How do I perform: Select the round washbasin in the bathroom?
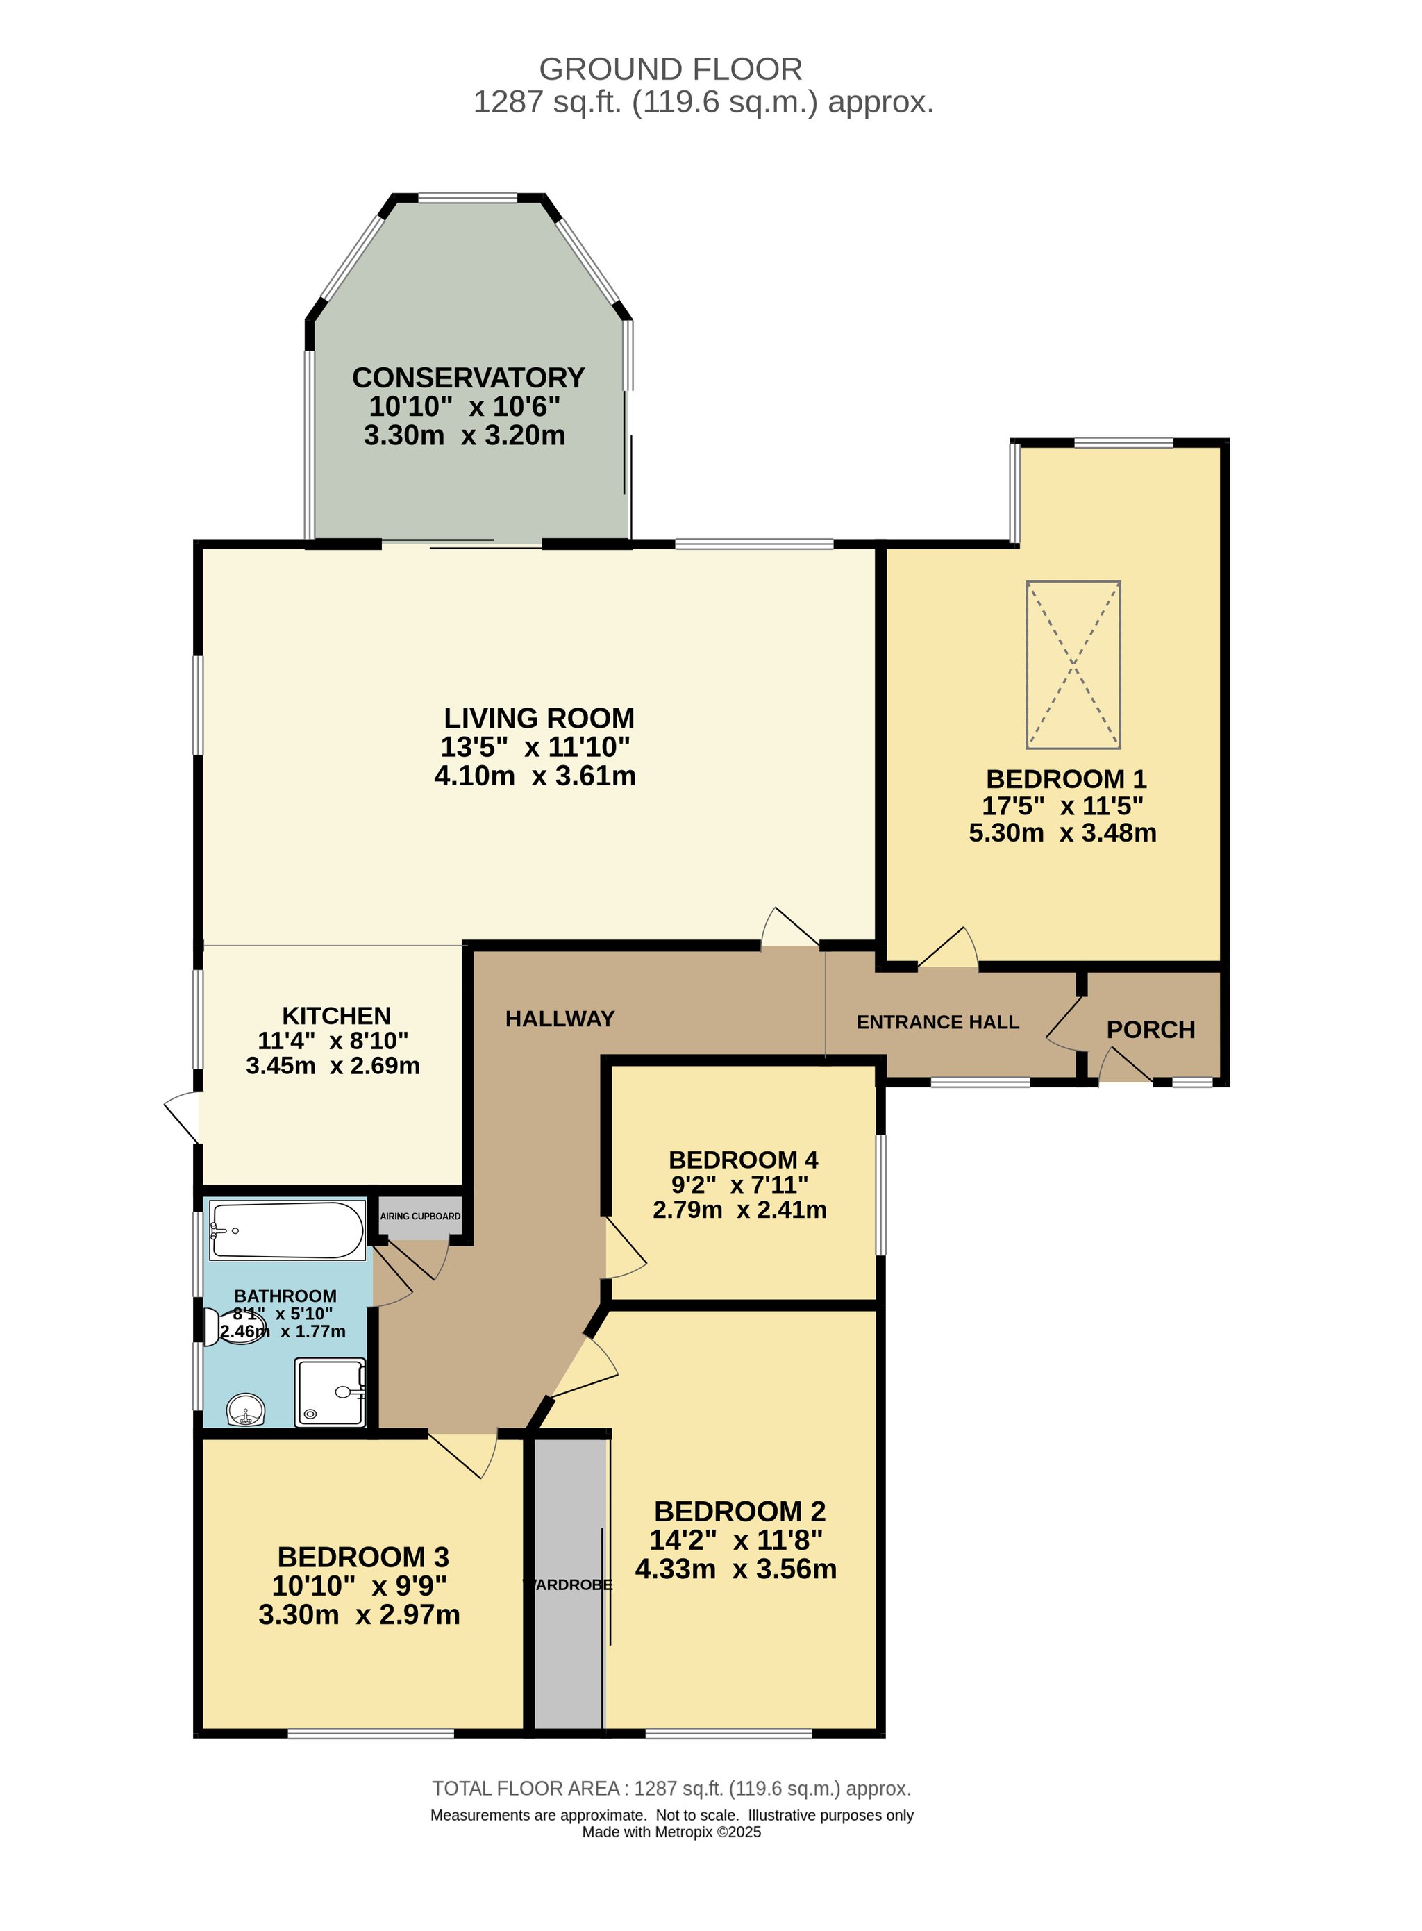click(247, 1410)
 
